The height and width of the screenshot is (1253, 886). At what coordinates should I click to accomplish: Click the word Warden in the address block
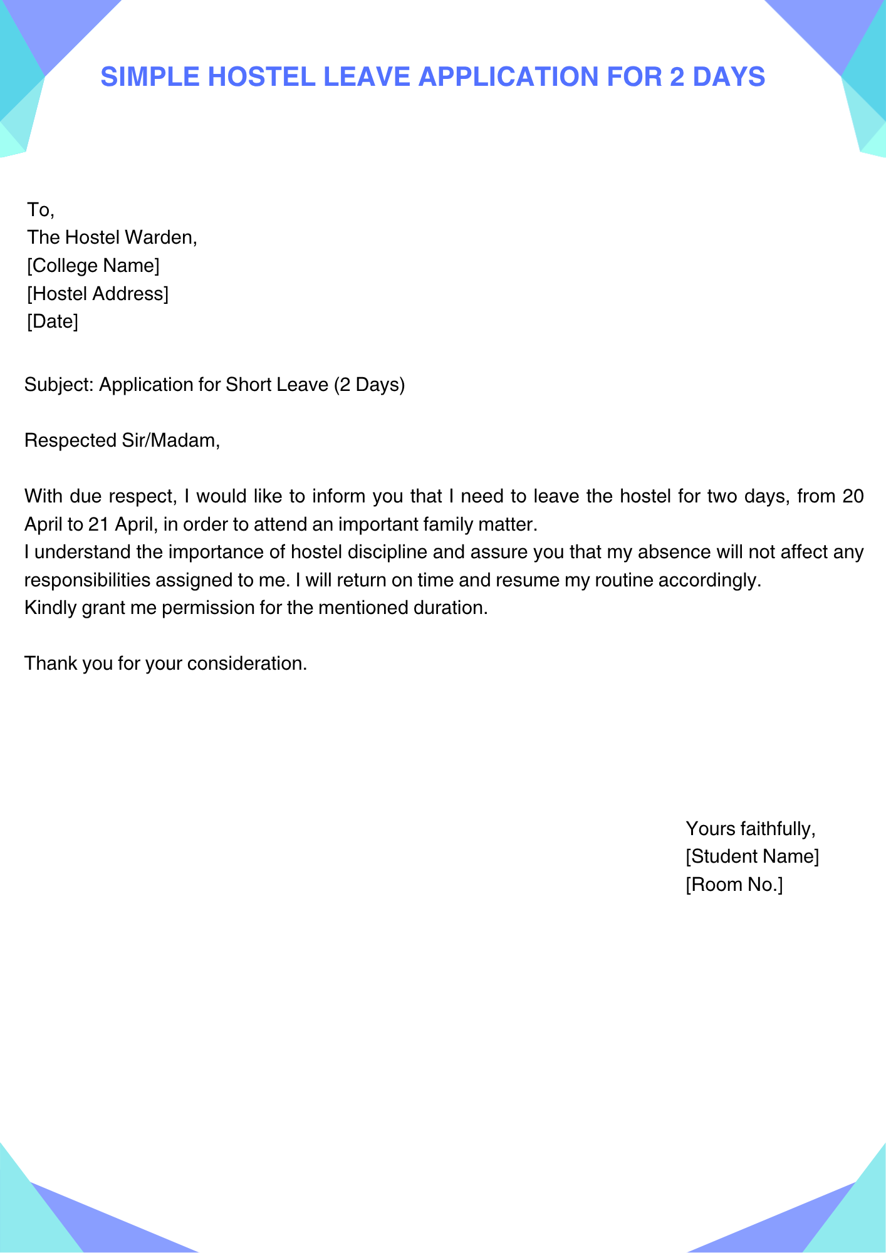coord(161,237)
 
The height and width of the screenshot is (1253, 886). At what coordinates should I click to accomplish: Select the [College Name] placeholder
coord(93,266)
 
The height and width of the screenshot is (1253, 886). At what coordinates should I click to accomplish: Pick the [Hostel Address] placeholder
coord(98,293)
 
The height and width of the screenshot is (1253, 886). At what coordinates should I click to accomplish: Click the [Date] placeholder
coord(53,321)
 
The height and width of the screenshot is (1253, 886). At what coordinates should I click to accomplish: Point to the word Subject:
coord(59,385)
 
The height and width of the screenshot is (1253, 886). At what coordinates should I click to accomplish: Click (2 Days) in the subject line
coord(370,385)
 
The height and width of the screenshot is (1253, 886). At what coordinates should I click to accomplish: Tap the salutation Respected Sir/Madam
coord(122,440)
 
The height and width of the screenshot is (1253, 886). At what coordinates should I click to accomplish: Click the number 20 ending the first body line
coord(853,496)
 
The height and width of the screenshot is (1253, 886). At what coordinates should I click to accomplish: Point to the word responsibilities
coord(87,580)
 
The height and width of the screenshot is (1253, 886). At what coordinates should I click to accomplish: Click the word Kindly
coord(51,608)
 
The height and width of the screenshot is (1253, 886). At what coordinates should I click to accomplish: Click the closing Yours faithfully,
coord(751,829)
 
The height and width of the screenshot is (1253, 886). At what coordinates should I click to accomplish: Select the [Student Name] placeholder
coord(752,856)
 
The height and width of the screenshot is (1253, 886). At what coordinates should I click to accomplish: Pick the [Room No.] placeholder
coord(734,885)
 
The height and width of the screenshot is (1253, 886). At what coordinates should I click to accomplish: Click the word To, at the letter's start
coord(41,210)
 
